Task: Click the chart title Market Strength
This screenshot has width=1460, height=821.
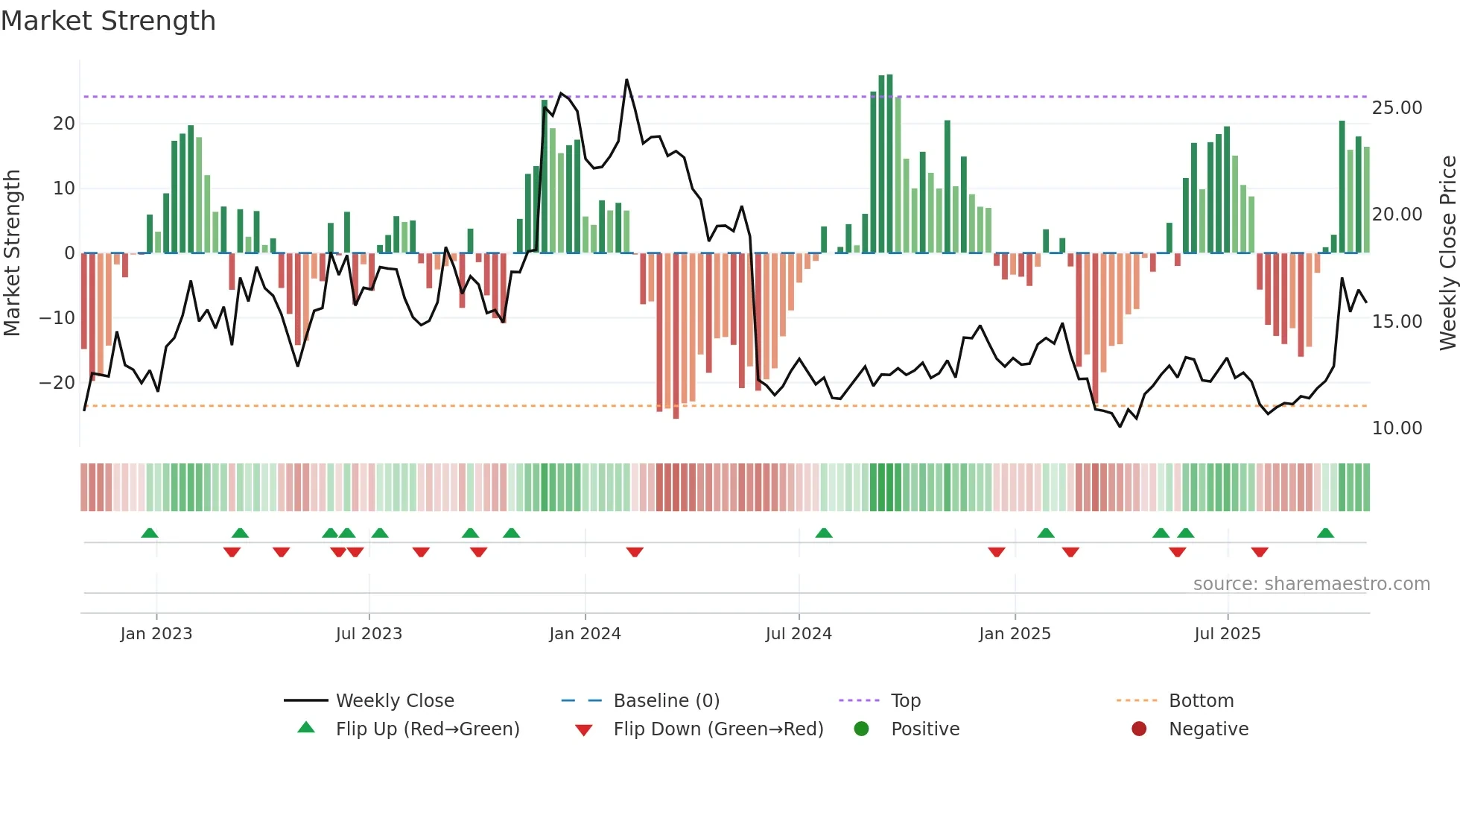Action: (109, 21)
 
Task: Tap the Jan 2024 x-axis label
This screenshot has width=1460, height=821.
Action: (585, 634)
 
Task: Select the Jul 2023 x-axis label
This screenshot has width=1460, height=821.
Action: (369, 634)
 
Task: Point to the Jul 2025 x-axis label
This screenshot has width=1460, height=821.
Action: (1227, 634)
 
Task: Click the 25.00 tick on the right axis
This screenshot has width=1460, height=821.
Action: (1397, 108)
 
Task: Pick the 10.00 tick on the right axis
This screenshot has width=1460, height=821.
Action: (1397, 428)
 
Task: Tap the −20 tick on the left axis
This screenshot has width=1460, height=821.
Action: (57, 383)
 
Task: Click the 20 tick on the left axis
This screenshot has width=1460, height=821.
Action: (64, 124)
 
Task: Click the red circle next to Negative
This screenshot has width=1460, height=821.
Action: (1139, 729)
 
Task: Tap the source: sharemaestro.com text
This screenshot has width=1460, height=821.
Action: (1311, 584)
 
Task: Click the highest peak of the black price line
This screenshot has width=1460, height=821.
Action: (626, 80)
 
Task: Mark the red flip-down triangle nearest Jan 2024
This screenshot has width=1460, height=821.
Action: (635, 552)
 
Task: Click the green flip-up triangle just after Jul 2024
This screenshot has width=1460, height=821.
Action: (824, 533)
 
